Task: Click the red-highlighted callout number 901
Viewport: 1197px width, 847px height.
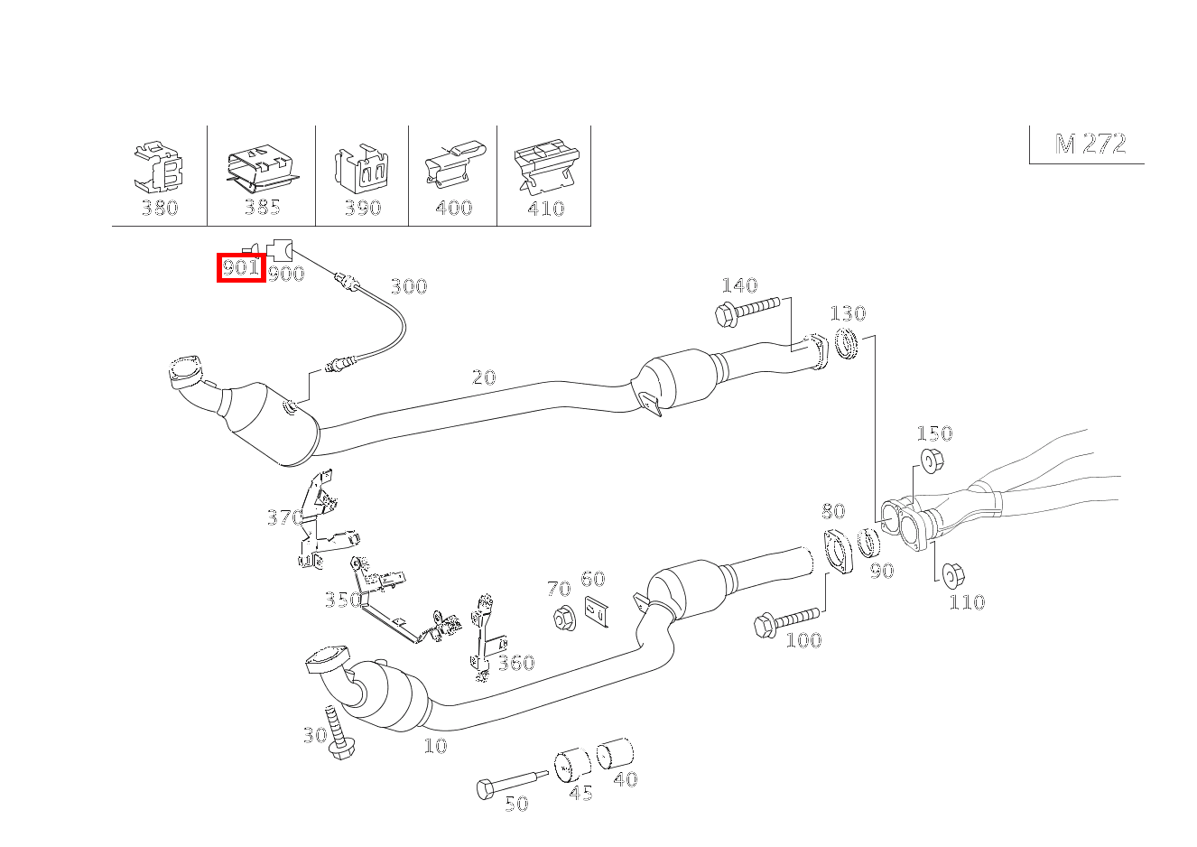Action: tap(240, 268)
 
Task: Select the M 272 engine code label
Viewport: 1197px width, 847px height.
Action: tap(1090, 144)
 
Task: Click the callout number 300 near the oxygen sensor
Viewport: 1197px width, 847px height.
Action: tap(408, 287)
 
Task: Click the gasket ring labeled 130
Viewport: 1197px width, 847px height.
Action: tap(847, 344)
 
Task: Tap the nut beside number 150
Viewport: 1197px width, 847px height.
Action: tap(931, 461)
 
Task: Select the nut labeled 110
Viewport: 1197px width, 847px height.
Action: tap(951, 574)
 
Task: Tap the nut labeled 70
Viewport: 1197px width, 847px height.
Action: tap(564, 620)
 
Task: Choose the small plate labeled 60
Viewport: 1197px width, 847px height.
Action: tap(595, 612)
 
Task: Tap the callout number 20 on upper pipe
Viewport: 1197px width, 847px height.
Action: tap(484, 377)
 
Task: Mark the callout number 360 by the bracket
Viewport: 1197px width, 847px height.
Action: tap(515, 664)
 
